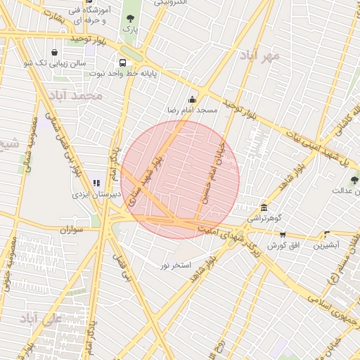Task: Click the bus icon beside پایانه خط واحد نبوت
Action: point(122,63)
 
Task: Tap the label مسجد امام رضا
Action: point(192,110)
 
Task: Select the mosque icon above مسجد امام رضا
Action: point(192,99)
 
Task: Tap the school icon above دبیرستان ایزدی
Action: point(96,183)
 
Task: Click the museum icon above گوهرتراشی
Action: point(264,207)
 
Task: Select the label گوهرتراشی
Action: point(264,219)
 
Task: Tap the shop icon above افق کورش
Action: point(283,235)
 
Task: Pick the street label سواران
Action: point(72,229)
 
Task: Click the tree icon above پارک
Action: point(129,18)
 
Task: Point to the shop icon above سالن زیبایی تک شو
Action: point(55,52)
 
